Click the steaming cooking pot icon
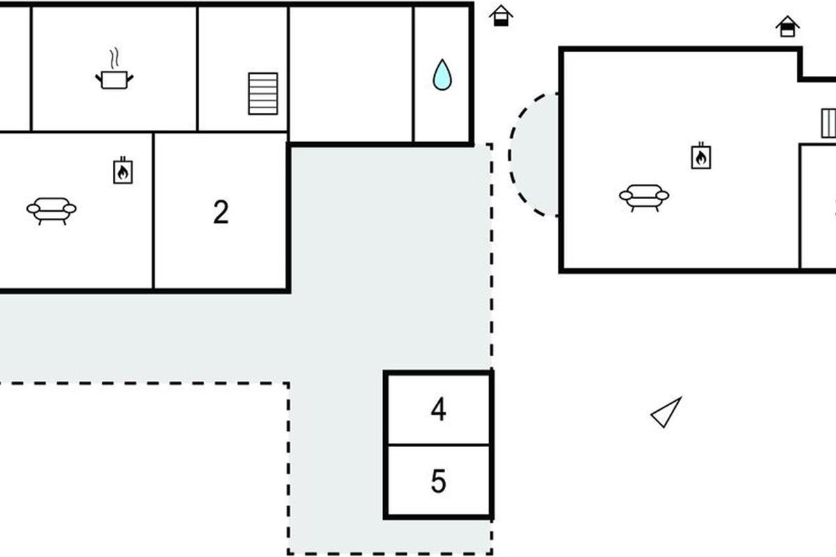tap(114, 78)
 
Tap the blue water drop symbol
tap(442, 75)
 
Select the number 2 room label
tap(221, 213)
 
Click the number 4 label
tap(438, 410)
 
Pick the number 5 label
tap(438, 481)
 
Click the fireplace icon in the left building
tap(123, 171)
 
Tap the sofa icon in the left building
tap(52, 210)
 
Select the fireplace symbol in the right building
tap(701, 156)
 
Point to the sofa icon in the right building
tap(644, 197)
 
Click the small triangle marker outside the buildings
tap(667, 412)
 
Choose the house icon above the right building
tap(787, 26)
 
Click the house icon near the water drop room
tap(500, 15)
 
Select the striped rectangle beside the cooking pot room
tap(263, 93)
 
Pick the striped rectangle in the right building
tap(828, 123)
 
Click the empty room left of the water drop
tap(351, 73)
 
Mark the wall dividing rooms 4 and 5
tap(438, 445)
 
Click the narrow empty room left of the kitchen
tap(14, 68)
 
